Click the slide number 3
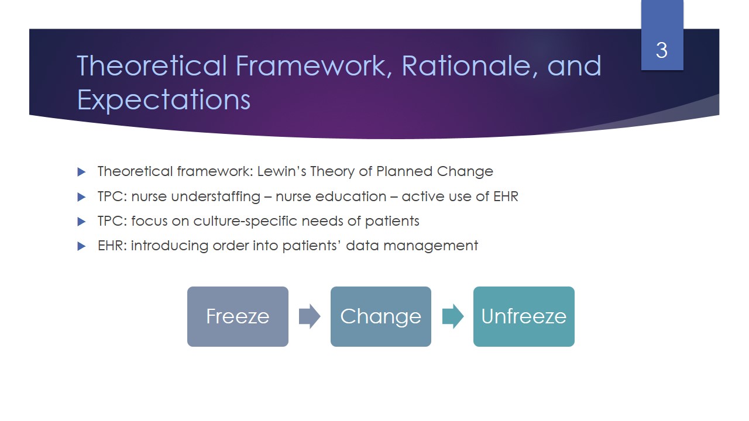pos(662,50)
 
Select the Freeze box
pos(238,316)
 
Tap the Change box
pos(381,316)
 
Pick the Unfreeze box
pos(524,316)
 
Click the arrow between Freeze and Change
pos(310,316)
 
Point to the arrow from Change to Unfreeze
pos(453,316)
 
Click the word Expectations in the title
pos(164,100)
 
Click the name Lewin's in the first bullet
pos(281,171)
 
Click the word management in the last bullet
pos(431,246)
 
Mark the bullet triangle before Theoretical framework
pos(81,172)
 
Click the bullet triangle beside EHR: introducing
pos(81,247)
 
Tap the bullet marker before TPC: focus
pos(81,222)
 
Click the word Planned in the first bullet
pos(404,171)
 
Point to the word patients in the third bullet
pos(392,222)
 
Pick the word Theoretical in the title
pos(152,66)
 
